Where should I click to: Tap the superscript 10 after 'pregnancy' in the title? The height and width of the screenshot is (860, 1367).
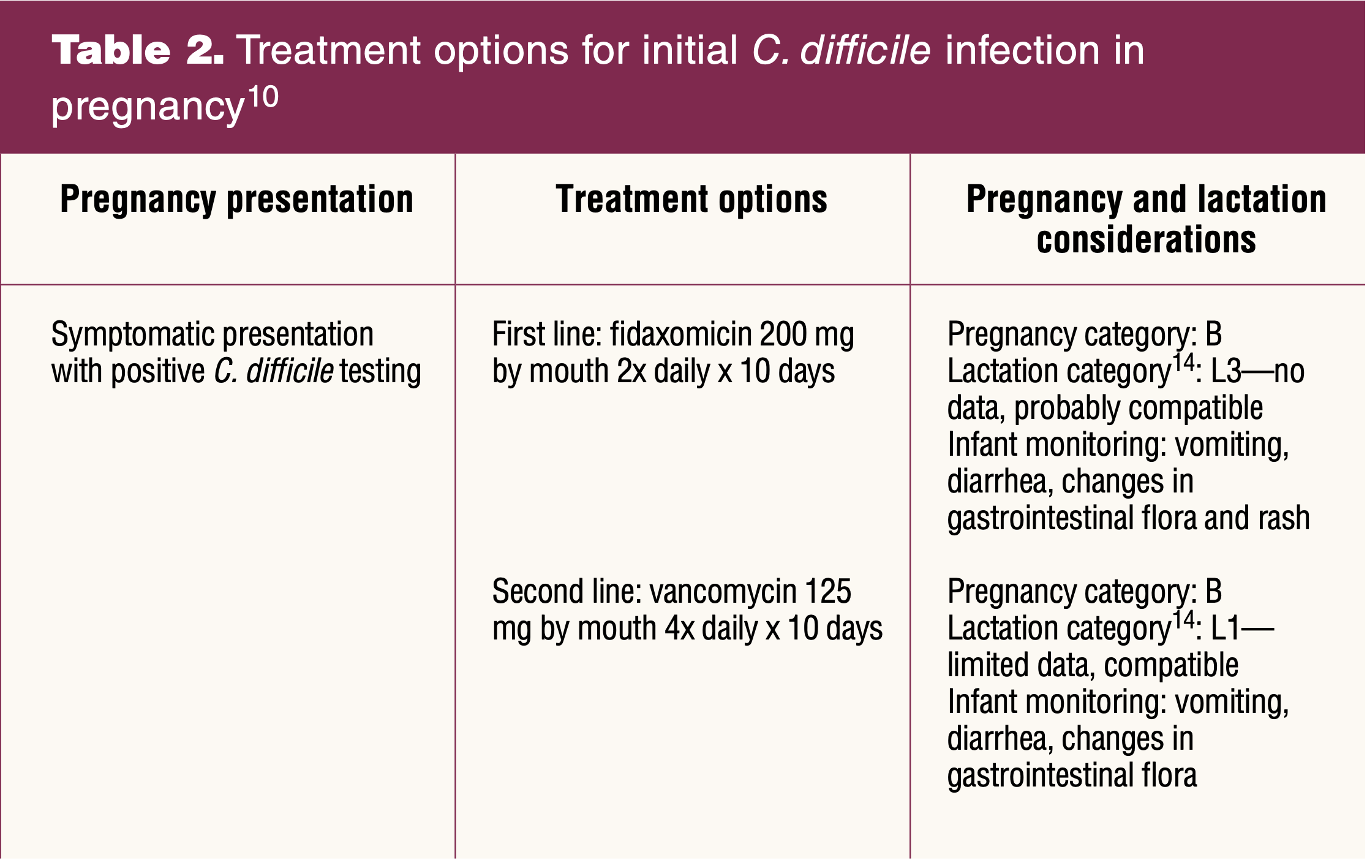(263, 97)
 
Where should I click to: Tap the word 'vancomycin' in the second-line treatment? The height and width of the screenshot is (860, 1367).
(722, 592)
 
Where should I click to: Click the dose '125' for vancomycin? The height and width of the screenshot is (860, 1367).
(827, 592)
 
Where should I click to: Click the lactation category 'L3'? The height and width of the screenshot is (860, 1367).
(1226, 371)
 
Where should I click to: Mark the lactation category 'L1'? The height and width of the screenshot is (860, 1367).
(1225, 628)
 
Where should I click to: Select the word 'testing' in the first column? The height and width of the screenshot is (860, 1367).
(380, 372)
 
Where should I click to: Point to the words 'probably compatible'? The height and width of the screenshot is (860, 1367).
(1139, 409)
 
